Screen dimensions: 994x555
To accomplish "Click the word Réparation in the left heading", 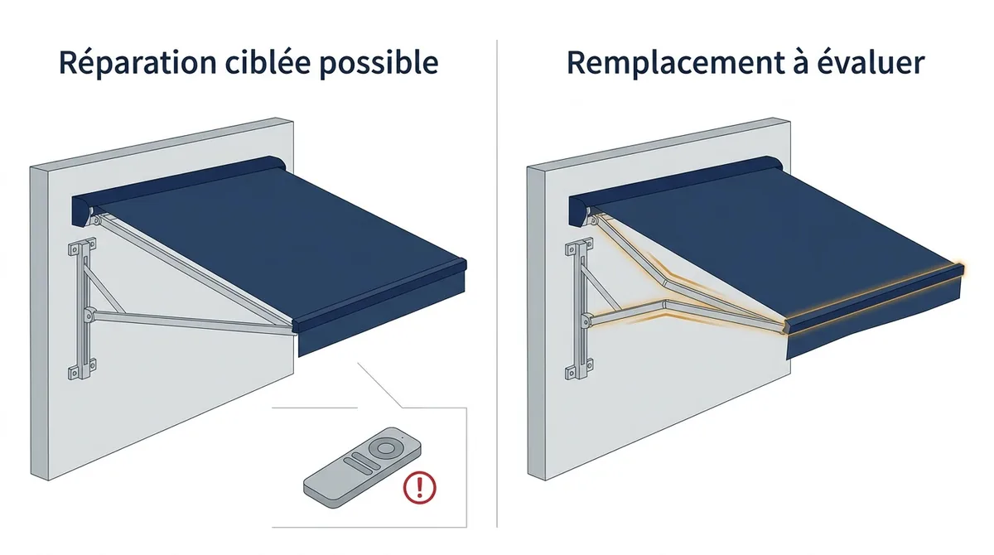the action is point(138,63).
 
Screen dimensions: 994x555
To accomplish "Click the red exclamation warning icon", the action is point(419,487).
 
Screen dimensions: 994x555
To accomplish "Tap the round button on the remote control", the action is point(382,447).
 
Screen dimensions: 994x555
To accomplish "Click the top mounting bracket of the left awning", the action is point(82,248).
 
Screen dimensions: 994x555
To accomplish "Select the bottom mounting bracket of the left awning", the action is point(82,369).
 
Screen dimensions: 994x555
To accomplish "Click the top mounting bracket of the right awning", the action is point(579,248).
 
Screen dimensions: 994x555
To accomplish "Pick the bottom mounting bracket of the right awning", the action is point(579,369).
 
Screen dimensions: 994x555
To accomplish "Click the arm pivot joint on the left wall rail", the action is point(89,316).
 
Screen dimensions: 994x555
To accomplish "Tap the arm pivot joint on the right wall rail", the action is point(586,320).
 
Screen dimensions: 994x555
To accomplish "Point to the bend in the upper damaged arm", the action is point(663,283).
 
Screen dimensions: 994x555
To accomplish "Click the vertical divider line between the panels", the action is point(497,284).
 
